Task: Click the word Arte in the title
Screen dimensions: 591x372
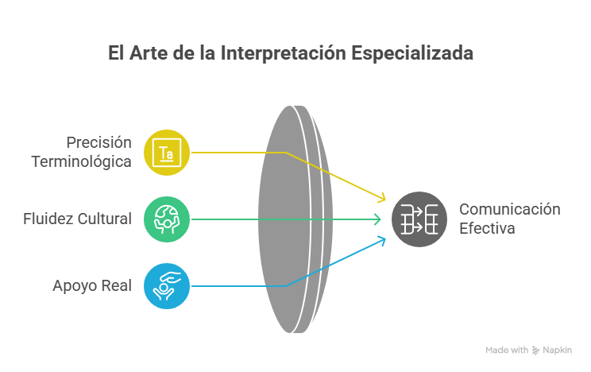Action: (149, 52)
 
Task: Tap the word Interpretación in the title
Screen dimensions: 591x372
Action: (283, 53)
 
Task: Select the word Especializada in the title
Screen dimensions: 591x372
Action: (412, 53)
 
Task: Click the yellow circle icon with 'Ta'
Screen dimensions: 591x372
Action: (167, 153)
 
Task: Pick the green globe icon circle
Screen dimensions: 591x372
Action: (167, 219)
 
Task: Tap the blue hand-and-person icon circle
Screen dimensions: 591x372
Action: (167, 286)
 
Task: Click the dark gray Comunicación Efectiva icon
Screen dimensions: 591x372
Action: (419, 219)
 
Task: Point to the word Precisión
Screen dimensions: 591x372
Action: (98, 142)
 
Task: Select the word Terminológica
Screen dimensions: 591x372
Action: (81, 162)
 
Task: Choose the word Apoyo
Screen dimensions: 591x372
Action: (75, 286)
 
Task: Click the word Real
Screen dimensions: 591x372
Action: (117, 285)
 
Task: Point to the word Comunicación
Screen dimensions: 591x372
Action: (510, 209)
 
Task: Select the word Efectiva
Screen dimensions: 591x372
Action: (487, 228)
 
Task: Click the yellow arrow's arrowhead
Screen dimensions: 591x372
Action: (382, 198)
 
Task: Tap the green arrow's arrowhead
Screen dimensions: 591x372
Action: (377, 219)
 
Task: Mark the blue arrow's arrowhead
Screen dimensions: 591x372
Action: (382, 240)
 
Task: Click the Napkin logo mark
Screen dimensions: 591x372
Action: (535, 351)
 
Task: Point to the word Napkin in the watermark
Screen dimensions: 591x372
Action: (557, 351)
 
